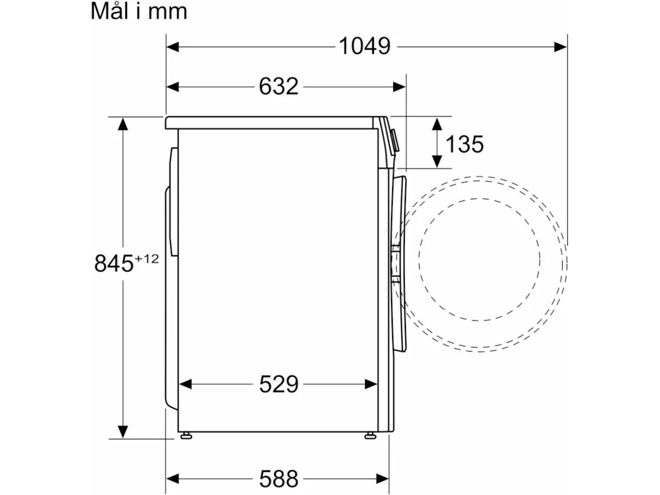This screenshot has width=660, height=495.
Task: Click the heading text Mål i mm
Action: [139, 12]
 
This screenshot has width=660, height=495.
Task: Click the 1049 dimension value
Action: [364, 47]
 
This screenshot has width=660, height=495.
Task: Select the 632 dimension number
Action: [278, 86]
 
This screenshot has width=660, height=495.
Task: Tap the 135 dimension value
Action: [464, 144]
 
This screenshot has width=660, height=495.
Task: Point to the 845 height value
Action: [114, 263]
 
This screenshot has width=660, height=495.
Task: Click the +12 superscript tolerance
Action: [147, 258]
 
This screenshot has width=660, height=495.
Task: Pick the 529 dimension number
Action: [278, 384]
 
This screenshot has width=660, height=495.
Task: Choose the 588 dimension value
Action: [278, 479]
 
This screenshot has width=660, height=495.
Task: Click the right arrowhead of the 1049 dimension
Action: [560, 47]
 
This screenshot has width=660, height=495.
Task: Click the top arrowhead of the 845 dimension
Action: [123, 124]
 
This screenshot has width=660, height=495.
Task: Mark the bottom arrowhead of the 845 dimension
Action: [123, 431]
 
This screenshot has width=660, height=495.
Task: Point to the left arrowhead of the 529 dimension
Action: [185, 384]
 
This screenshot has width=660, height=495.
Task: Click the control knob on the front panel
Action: [394, 141]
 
